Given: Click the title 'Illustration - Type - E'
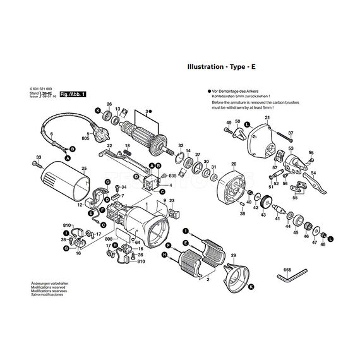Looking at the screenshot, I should click(x=222, y=66).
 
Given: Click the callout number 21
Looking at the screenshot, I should click(x=267, y=118).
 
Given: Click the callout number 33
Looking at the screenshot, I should click(x=38, y=157).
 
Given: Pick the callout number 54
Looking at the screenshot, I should click(x=313, y=172).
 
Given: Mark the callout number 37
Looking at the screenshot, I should click(x=291, y=133).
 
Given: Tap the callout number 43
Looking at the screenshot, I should click(x=263, y=215).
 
